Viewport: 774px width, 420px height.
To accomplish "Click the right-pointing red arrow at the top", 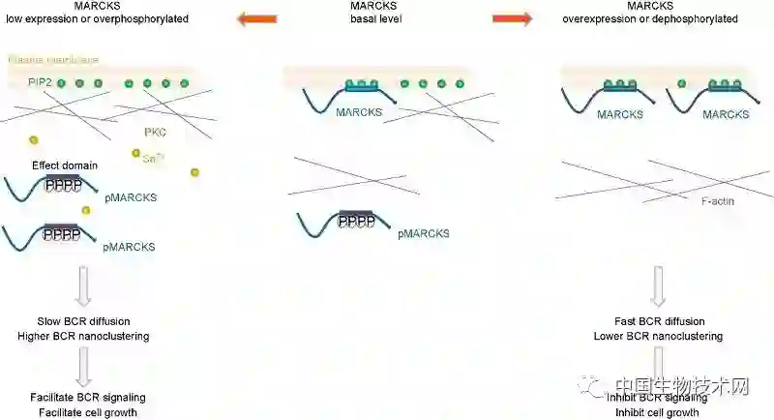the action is [512, 17].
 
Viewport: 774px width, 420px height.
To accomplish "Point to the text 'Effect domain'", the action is [65, 165].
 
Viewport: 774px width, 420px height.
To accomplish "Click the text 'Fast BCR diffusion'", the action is [659, 321].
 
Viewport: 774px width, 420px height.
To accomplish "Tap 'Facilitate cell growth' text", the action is [83, 413].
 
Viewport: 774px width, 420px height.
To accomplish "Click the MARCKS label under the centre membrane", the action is [359, 112].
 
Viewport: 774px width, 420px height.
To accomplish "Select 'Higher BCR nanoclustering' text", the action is [83, 336].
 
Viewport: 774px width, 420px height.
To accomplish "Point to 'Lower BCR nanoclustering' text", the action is [658, 336].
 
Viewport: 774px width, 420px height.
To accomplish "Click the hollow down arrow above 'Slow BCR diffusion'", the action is [83, 286].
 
